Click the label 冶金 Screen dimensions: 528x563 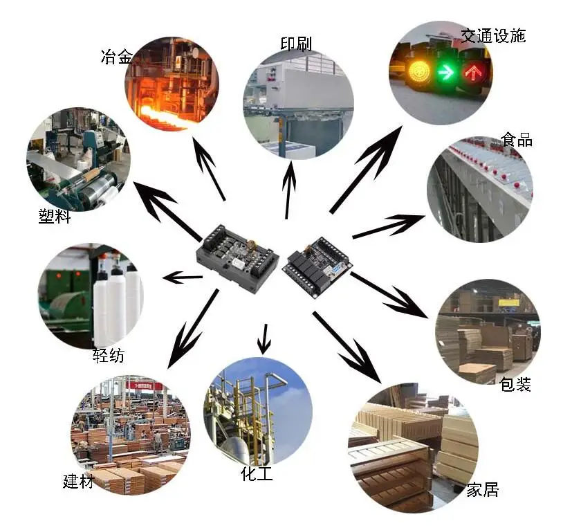click(x=116, y=56)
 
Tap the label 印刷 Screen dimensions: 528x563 click(x=295, y=44)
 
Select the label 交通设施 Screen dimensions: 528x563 click(x=493, y=35)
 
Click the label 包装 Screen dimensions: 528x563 click(x=515, y=384)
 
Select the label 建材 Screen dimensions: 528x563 click(x=78, y=481)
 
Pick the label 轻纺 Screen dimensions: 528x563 click(x=109, y=356)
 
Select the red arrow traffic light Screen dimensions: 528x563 click(x=474, y=71)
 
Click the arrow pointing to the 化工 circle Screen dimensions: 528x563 click(x=263, y=338)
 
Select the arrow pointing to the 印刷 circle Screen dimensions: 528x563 click(x=288, y=187)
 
